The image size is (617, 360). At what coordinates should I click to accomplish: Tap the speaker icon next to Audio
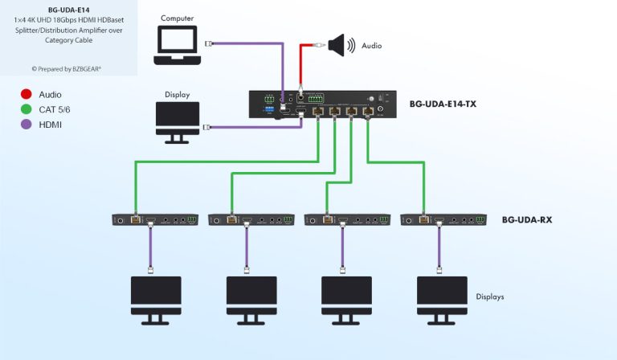(340, 46)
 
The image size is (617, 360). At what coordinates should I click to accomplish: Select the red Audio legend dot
(25, 94)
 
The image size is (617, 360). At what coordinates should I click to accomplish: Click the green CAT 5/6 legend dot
(25, 109)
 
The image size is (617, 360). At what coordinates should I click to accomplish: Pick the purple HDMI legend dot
(25, 125)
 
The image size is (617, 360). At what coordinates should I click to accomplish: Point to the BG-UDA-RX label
(526, 219)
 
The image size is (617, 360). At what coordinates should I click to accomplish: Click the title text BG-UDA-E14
(68, 10)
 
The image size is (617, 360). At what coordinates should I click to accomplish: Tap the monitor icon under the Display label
(178, 121)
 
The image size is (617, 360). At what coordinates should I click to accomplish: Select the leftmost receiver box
(154, 219)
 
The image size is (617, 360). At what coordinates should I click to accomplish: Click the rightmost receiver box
(443, 219)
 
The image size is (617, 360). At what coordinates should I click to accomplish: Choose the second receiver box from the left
(251, 219)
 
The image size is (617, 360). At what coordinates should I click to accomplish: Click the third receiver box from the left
(346, 219)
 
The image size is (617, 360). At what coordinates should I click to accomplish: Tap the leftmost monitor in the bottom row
(155, 298)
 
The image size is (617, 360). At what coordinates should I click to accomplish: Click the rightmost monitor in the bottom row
(442, 298)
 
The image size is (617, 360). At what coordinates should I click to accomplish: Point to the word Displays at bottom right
(489, 297)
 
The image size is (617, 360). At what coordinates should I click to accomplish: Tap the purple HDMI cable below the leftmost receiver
(151, 245)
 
